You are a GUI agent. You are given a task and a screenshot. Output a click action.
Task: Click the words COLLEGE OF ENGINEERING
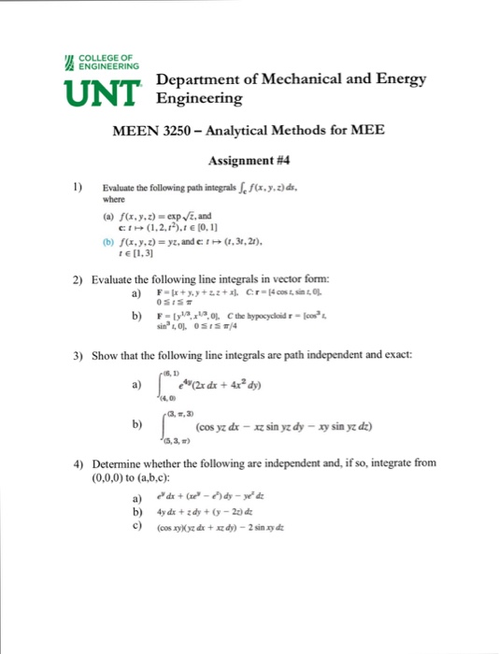[x=106, y=63]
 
